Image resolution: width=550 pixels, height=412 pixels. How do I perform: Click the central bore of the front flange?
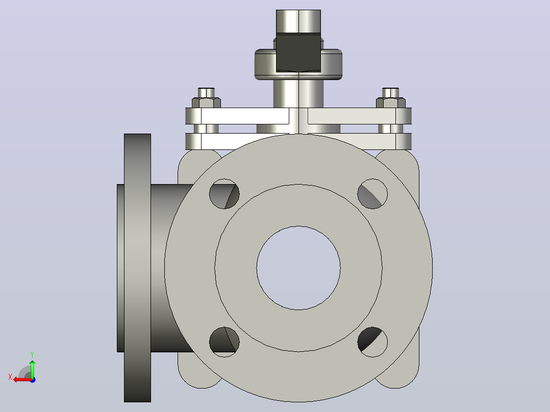coord(298,268)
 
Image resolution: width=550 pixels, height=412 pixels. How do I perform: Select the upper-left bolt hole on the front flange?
coord(224,194)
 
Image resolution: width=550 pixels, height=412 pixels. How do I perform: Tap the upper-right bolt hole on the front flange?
coord(372,194)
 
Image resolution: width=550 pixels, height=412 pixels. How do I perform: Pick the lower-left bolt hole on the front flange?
coord(224,342)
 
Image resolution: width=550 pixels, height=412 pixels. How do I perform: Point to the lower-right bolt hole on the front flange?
coord(372,342)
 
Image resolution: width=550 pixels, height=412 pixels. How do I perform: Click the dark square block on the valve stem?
coord(298,53)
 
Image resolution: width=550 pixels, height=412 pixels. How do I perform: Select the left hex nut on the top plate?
coord(206,102)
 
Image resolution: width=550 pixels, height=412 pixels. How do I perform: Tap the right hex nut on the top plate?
coord(391,102)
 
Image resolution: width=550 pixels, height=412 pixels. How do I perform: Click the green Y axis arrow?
coord(32,369)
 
